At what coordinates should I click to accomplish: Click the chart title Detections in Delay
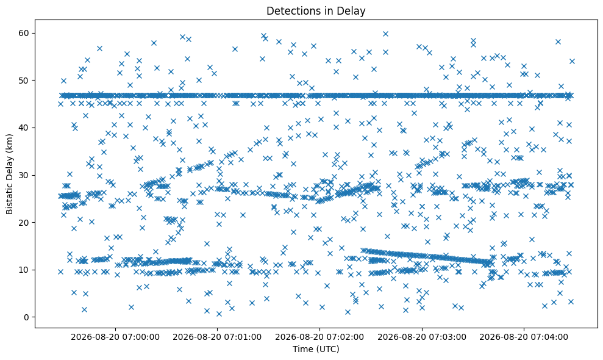tap(316, 11)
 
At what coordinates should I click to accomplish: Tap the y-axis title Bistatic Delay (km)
tap(10, 174)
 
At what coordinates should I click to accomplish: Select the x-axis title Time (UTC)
tap(316, 349)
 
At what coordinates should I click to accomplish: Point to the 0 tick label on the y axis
tap(27, 317)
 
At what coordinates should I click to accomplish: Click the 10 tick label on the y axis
tap(24, 270)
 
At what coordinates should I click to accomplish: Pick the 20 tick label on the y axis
tap(24, 223)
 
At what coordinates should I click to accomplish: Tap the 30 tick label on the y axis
tap(24, 175)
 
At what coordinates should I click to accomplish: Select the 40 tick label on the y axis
tap(24, 128)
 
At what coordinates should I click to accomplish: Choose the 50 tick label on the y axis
tap(24, 81)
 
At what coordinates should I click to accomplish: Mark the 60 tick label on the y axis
tap(24, 33)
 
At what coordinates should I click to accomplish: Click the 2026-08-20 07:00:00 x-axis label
tap(115, 337)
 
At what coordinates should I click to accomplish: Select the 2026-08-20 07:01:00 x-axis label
tap(217, 337)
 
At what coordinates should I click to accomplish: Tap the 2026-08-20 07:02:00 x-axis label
tap(319, 337)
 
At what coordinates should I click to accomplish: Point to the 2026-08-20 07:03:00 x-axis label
tap(422, 337)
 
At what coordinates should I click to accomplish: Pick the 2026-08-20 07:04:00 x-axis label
tap(524, 337)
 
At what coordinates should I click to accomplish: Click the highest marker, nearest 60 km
tap(385, 34)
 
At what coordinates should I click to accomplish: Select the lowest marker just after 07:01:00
tap(219, 314)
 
